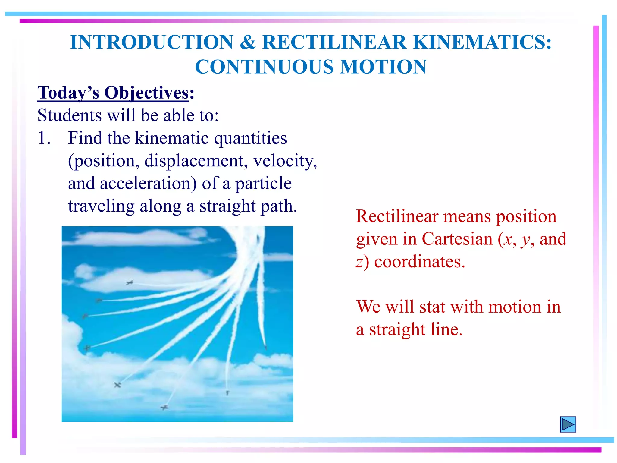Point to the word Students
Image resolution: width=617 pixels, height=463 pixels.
(x=70, y=115)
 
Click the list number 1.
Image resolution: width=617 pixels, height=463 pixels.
(x=44, y=138)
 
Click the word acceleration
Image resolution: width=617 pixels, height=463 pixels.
(x=148, y=183)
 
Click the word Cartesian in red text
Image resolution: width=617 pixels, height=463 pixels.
(x=457, y=239)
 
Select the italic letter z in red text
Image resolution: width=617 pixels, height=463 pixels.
(x=359, y=262)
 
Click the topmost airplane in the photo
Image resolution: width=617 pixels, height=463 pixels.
(x=130, y=283)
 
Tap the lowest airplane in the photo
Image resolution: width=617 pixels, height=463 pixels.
(x=164, y=408)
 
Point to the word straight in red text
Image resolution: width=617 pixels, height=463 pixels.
(x=397, y=329)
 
